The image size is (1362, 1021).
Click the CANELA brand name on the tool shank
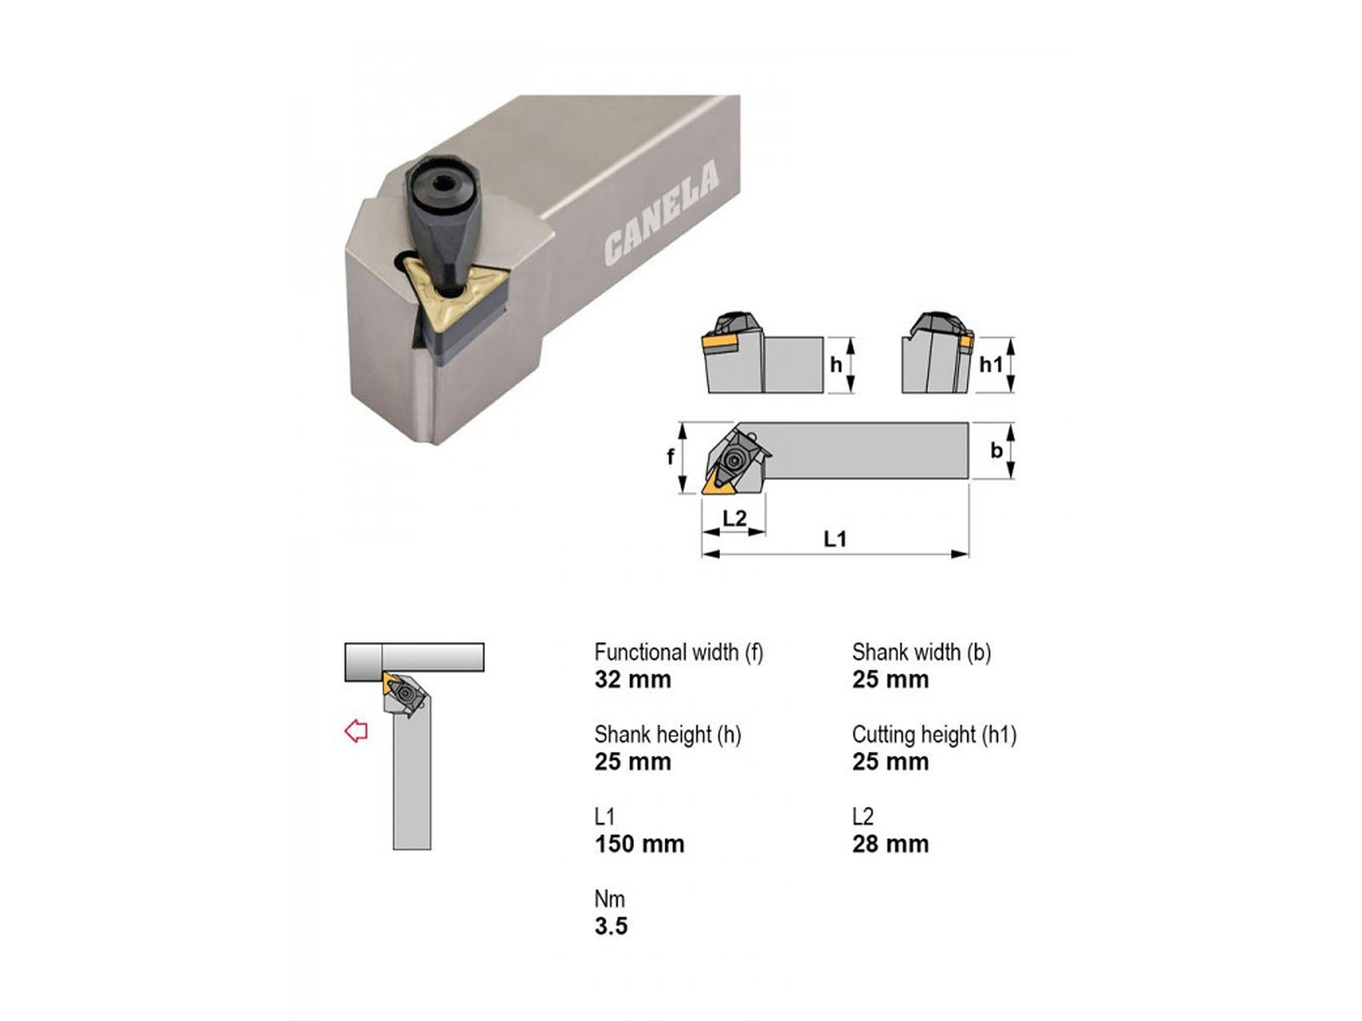pyautogui.click(x=661, y=213)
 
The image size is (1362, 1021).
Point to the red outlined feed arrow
pyautogui.click(x=356, y=730)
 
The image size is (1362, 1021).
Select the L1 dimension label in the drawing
pyautogui.click(x=834, y=539)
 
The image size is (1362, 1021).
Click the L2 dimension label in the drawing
pyautogui.click(x=735, y=517)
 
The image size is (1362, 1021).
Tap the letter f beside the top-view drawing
pyautogui.click(x=670, y=457)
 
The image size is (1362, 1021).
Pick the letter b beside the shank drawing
pyautogui.click(x=996, y=450)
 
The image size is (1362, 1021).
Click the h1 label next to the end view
pyautogui.click(x=990, y=364)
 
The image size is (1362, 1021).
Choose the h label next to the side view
pyautogui.click(x=836, y=364)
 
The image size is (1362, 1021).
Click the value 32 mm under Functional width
pyautogui.click(x=632, y=680)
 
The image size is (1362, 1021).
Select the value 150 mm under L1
pyautogui.click(x=639, y=844)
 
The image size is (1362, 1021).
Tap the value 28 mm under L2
pyautogui.click(x=890, y=844)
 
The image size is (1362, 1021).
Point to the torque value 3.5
pyautogui.click(x=610, y=927)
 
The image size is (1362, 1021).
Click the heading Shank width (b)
pyautogui.click(x=921, y=652)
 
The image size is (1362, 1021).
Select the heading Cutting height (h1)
pyautogui.click(x=934, y=734)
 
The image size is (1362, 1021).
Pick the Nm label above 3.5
pyautogui.click(x=609, y=898)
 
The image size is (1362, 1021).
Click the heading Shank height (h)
pyautogui.click(x=667, y=734)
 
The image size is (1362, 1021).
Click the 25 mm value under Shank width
pyautogui.click(x=890, y=680)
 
